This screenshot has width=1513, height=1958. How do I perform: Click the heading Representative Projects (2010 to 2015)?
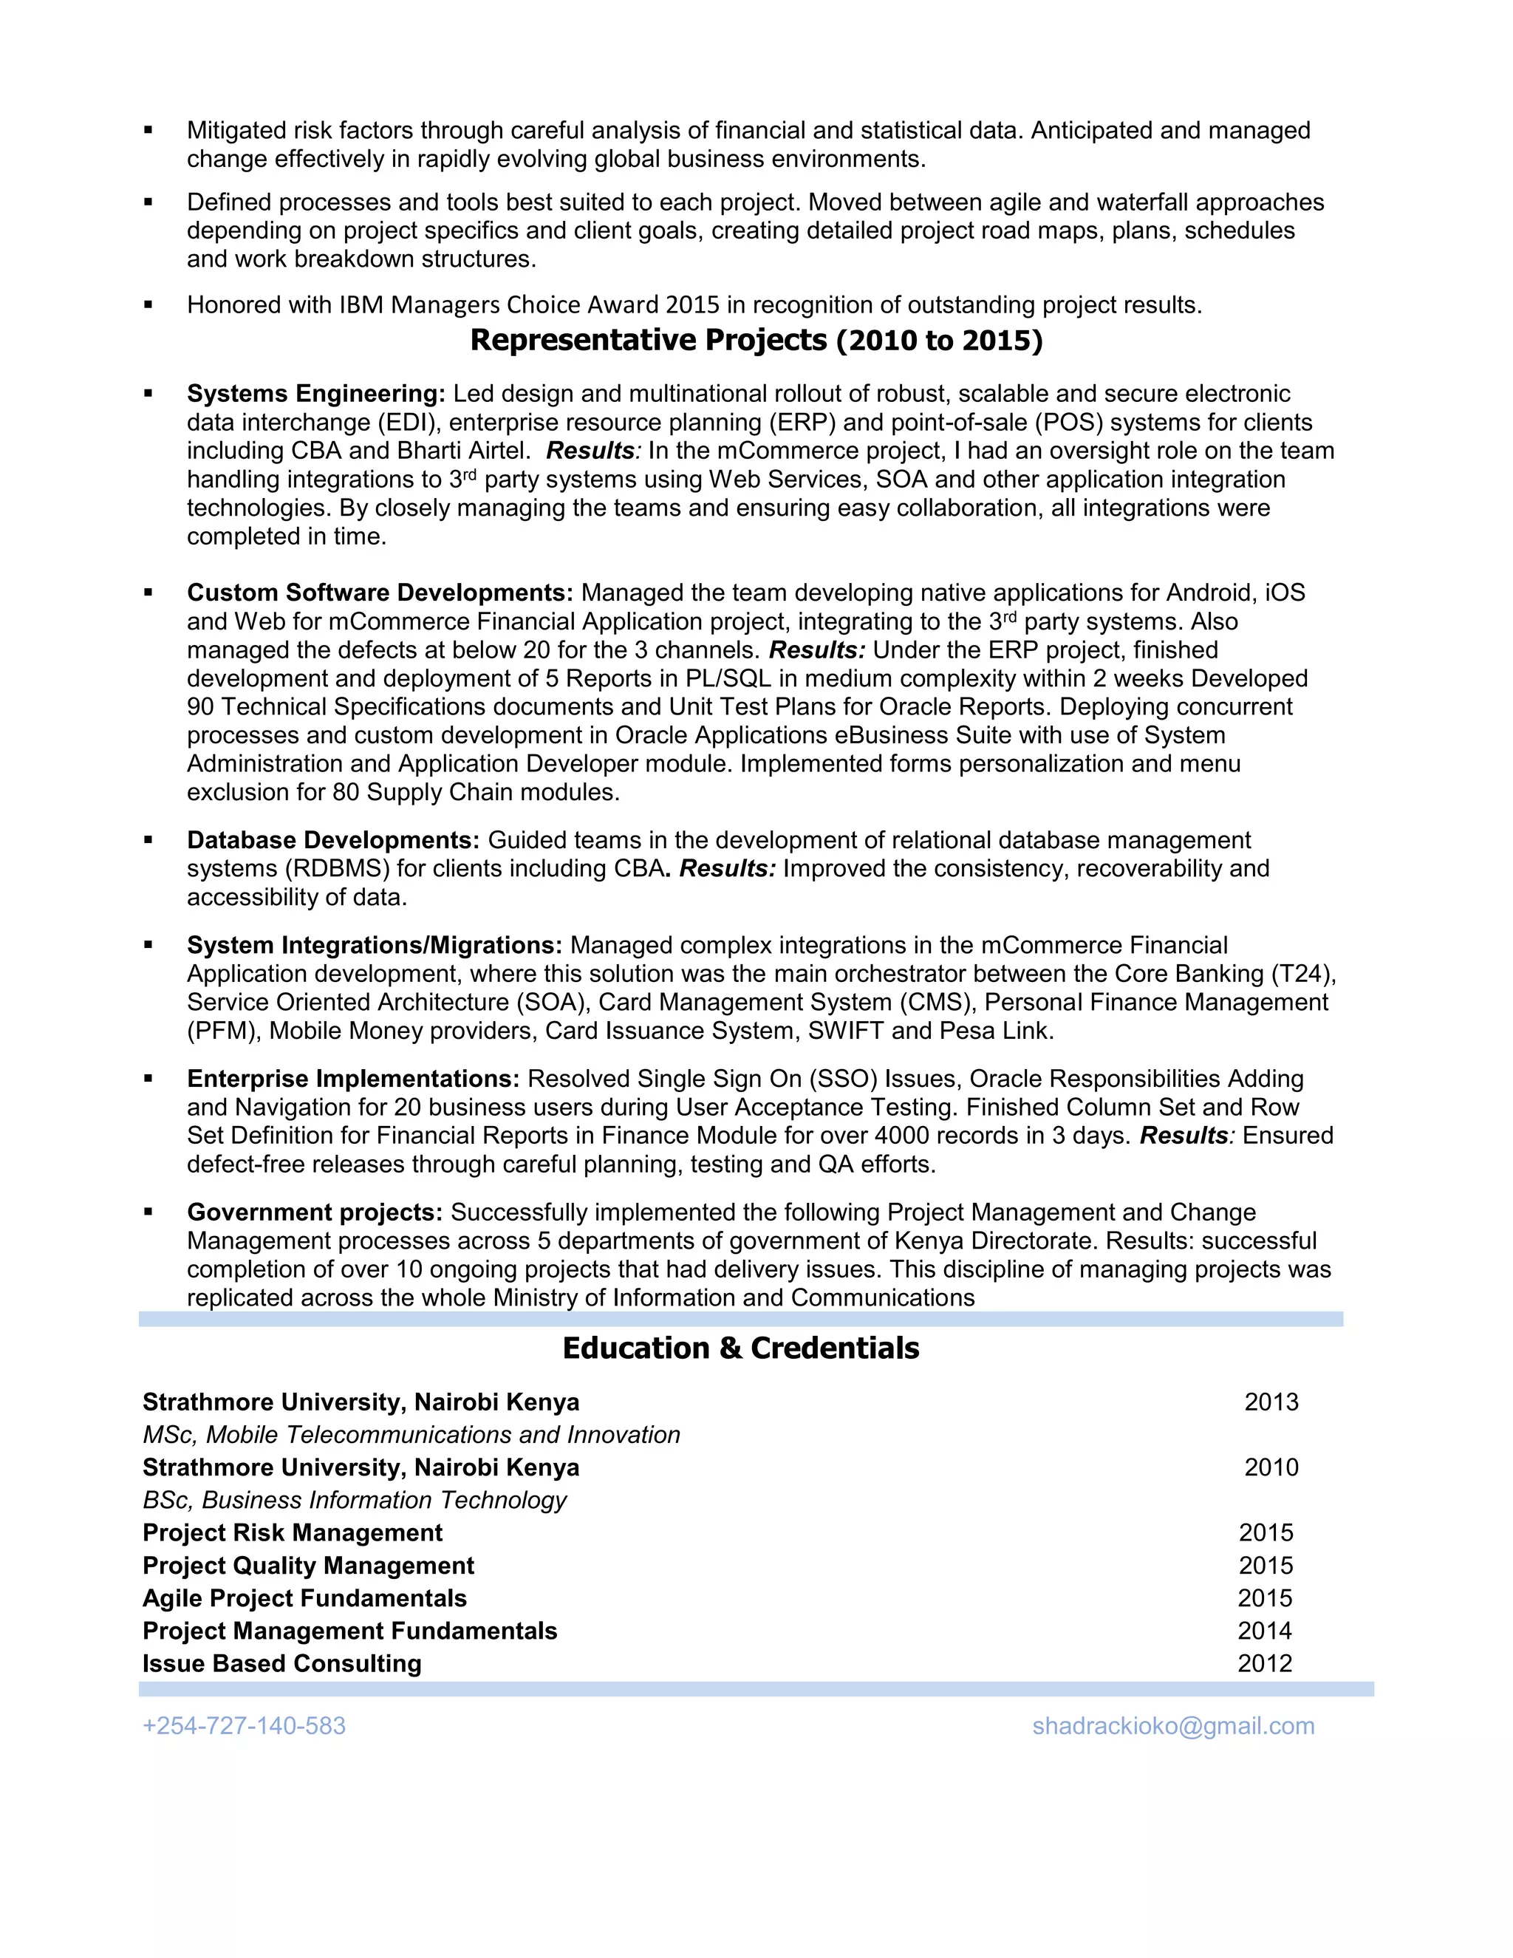756,341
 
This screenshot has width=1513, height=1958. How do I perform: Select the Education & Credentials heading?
740,1348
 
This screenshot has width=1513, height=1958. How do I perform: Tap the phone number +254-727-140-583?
244,1726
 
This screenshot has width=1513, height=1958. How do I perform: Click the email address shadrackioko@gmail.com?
1172,1726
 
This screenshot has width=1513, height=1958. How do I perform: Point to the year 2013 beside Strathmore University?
1270,1402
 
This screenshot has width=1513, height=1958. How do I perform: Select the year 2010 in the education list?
1270,1467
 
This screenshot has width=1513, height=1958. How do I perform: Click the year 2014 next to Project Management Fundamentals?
1265,1631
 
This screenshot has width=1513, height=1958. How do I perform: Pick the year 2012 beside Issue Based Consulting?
1265,1664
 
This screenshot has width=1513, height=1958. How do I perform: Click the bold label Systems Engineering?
315,394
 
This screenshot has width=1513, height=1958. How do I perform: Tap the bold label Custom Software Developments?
379,593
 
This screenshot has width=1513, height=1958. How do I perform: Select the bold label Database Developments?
333,840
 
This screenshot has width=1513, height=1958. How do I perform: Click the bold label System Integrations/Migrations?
374,945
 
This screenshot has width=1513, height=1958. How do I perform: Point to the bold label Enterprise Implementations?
353,1079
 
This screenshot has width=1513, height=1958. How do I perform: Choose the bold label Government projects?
315,1212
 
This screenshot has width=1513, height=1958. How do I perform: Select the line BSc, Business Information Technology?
354,1501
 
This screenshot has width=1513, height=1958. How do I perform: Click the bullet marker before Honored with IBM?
148,306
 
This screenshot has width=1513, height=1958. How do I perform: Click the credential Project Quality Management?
307,1566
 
